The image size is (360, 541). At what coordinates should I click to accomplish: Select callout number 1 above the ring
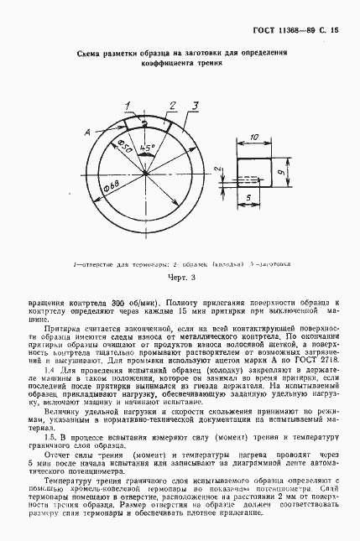point(128,103)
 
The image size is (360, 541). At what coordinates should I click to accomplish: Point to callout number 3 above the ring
point(194,105)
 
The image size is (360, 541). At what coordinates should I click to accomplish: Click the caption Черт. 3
point(180,277)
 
